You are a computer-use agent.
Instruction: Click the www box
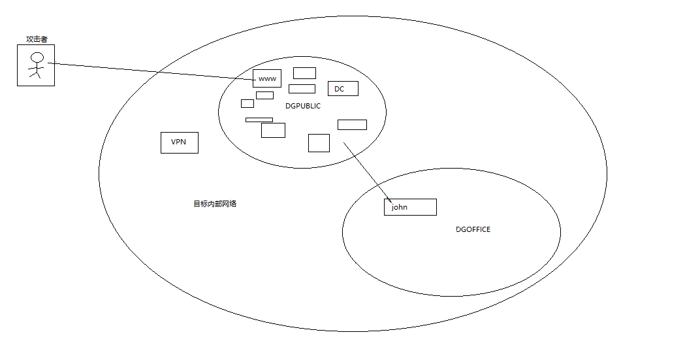(267, 78)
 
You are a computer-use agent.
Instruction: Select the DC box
(343, 89)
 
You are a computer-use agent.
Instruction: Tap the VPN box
(180, 142)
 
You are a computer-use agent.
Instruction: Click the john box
(410, 207)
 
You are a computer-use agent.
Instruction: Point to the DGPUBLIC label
(303, 106)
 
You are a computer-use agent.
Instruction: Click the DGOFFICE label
(473, 230)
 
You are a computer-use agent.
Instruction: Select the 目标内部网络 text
(215, 204)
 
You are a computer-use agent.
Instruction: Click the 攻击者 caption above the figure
(37, 40)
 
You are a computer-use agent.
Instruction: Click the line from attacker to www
(150, 71)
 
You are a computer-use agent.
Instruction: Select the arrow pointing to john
(366, 171)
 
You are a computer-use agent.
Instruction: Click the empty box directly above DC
(304, 73)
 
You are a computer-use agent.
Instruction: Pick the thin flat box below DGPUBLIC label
(259, 120)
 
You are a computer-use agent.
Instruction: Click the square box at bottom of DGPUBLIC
(319, 143)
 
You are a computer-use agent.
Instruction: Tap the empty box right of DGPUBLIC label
(352, 125)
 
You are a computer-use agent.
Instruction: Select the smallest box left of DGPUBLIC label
(247, 103)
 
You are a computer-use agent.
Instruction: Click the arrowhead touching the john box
(389, 200)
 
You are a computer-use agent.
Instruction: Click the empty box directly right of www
(302, 89)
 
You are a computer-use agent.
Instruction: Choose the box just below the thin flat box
(273, 131)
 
